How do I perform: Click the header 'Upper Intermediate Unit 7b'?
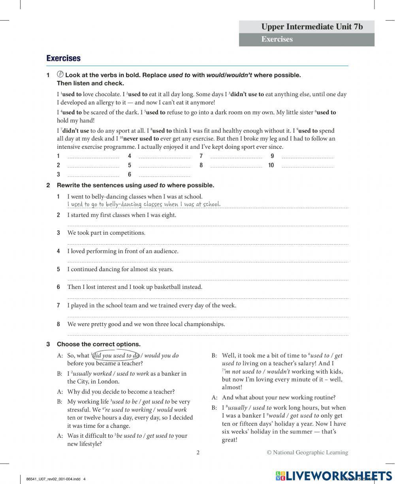312,27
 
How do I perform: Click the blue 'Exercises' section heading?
63,58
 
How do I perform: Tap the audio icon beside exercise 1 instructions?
60,74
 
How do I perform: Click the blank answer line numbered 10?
307,165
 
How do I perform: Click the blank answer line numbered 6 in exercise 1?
164,175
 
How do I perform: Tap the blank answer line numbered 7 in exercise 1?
236,156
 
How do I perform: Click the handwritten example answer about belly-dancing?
144,204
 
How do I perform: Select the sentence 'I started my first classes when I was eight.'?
122,215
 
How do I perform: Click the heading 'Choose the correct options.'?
99,344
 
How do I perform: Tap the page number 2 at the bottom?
198,452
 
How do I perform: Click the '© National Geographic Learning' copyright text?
307,452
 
